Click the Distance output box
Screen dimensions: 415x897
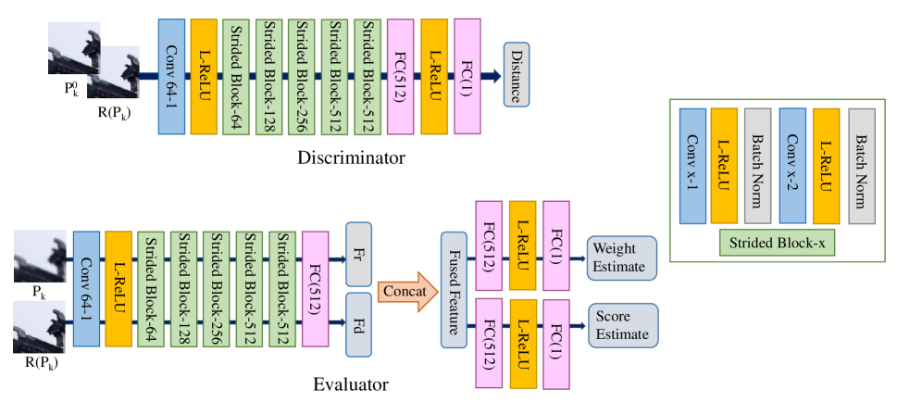pos(517,75)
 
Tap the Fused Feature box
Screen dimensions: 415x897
pos(454,290)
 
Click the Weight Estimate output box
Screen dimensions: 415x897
pos(620,258)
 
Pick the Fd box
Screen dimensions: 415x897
pos(358,324)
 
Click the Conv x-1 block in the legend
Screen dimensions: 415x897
pos(692,166)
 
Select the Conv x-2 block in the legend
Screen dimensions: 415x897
pos(792,166)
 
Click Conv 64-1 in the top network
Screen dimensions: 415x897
pos(171,75)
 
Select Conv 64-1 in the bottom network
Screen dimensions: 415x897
pos(86,289)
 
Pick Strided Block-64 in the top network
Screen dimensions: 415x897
pos(235,75)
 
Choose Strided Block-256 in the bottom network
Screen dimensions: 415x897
pos(217,289)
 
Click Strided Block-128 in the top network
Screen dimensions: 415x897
pos(268,75)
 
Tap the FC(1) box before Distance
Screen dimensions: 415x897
pos(467,75)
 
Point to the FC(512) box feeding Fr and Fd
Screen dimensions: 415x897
pos(315,289)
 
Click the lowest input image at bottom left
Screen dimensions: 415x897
pos(40,326)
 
